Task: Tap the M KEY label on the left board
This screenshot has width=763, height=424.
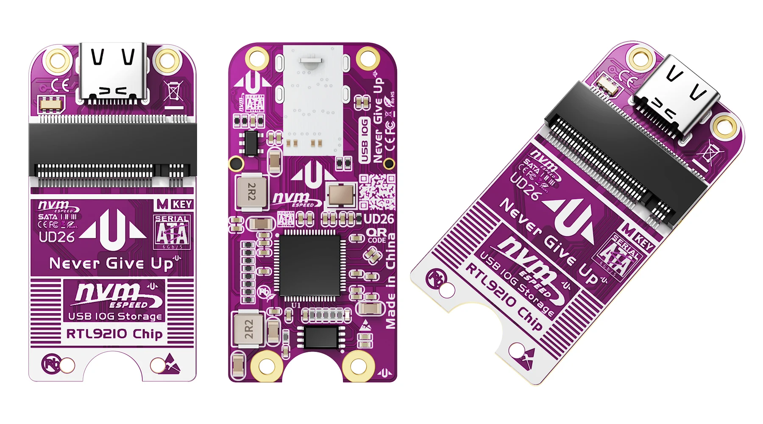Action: [175, 204]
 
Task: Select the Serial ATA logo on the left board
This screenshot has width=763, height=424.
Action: [172, 232]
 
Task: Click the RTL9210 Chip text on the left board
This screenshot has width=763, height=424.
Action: [114, 334]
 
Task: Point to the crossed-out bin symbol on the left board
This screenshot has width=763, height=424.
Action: [173, 91]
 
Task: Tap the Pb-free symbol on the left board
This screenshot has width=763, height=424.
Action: [50, 364]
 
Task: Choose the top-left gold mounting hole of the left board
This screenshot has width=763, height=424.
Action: [58, 60]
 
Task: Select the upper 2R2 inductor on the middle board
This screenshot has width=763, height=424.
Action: [251, 192]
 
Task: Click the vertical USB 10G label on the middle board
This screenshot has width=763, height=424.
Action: [364, 140]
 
